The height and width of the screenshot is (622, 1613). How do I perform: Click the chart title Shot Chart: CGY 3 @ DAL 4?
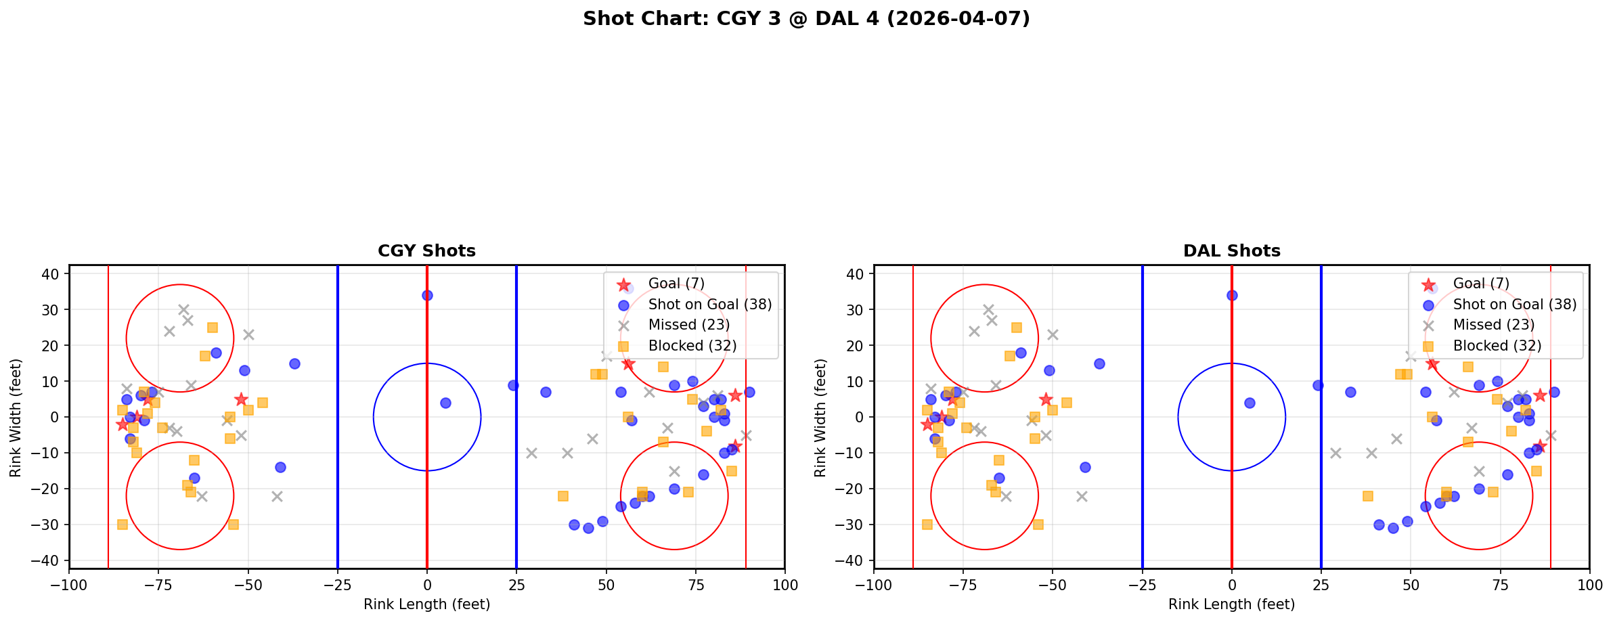pos(806,18)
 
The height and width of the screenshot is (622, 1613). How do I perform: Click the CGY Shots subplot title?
pos(426,251)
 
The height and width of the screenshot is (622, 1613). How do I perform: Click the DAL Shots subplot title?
pos(1231,251)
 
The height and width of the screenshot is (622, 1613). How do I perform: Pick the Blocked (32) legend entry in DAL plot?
pos(1497,346)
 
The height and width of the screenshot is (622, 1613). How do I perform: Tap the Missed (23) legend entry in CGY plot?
pos(688,325)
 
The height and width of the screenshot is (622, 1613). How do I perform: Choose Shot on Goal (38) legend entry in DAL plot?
pos(1514,305)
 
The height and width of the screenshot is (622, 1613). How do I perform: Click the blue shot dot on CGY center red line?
pos(427,295)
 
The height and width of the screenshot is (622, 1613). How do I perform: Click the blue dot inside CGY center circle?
pos(445,403)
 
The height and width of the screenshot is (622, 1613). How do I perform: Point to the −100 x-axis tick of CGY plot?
pos(69,584)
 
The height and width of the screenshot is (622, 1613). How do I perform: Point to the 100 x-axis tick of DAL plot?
pos(1589,584)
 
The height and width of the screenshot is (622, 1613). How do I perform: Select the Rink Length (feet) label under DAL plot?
pos(1231,604)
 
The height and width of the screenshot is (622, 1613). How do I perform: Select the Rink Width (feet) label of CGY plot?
pos(16,417)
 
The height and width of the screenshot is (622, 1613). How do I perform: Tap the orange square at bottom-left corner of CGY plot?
pos(123,525)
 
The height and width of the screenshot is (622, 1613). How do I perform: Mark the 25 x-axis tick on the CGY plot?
pos(516,584)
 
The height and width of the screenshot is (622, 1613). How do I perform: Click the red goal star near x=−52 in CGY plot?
pos(241,399)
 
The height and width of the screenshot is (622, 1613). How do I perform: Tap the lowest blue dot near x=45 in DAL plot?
pos(1393,528)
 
